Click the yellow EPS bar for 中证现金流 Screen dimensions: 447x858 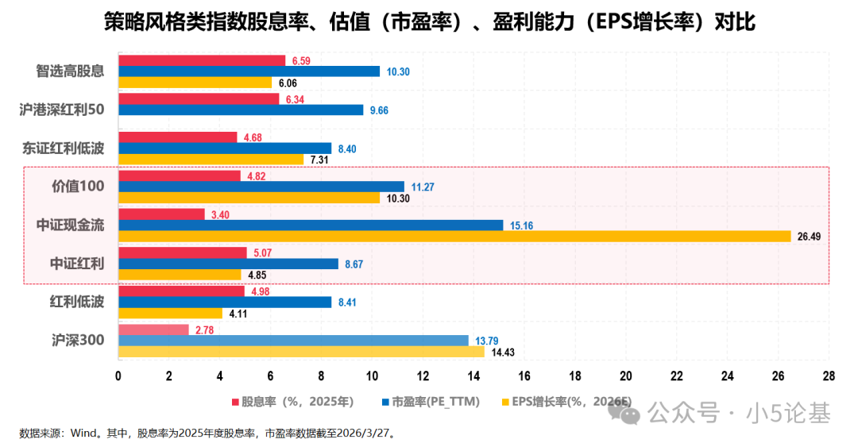coord(454,236)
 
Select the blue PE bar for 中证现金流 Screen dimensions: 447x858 coord(311,225)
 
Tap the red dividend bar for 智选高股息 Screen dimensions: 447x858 coord(202,60)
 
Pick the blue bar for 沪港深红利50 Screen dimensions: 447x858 coord(241,110)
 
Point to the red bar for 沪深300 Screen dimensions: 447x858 coord(153,329)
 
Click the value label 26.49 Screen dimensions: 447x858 coord(810,237)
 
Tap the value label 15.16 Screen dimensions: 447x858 coord(521,225)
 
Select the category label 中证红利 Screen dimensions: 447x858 coord(77,263)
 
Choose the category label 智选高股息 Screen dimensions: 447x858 coord(71,71)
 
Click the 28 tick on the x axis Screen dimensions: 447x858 coord(829,376)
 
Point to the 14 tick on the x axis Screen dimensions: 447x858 coord(473,376)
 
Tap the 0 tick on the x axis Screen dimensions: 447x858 coord(118,376)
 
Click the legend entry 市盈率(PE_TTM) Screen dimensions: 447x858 coord(435,402)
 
